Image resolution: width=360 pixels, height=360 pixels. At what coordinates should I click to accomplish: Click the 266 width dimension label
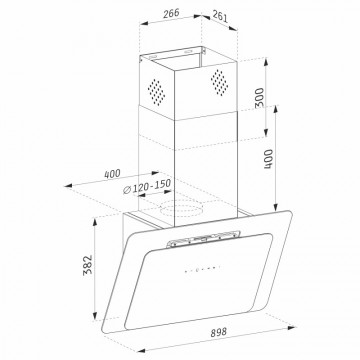tap(171, 13)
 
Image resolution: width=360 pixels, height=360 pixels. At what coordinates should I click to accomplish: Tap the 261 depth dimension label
tap(220, 16)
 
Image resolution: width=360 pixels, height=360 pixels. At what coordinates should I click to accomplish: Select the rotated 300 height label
tap(260, 97)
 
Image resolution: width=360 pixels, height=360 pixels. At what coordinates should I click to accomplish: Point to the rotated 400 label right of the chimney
tap(269, 159)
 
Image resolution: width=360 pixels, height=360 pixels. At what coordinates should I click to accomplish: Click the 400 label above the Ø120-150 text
tap(112, 174)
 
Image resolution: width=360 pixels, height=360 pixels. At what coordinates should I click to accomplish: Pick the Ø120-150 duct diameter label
tap(147, 187)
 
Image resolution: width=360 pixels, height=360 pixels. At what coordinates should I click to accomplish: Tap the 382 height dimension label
tap(88, 265)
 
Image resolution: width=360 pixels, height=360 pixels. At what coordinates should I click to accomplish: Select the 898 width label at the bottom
tap(219, 332)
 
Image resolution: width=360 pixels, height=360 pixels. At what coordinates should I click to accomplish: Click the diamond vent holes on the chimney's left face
tap(156, 92)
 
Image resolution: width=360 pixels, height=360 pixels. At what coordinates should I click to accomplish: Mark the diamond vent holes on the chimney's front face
tap(219, 83)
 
